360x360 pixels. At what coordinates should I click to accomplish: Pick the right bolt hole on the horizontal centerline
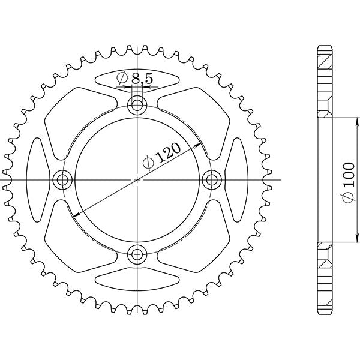pyautogui.click(x=212, y=179)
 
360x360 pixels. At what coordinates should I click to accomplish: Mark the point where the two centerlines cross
pyautogui.click(x=138, y=179)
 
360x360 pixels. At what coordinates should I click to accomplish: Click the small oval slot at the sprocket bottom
pyautogui.click(x=138, y=279)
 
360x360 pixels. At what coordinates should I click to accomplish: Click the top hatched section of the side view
pyautogui.click(x=324, y=78)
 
